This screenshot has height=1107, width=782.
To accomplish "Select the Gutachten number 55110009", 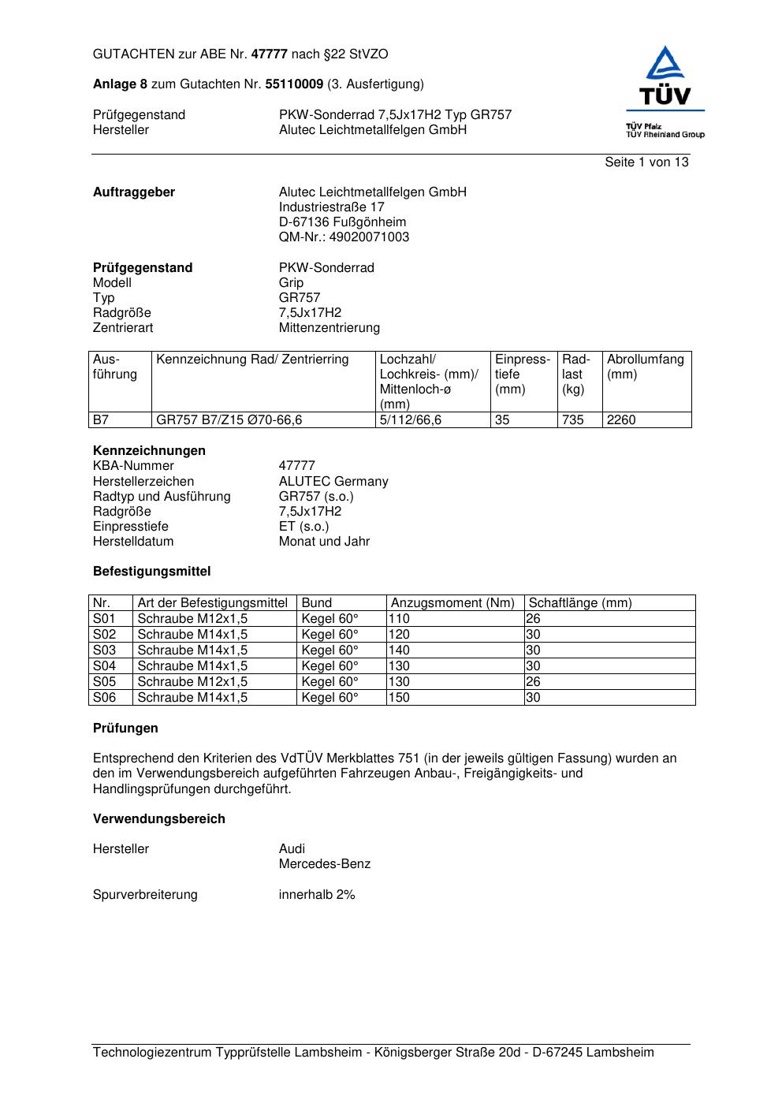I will (x=294, y=84).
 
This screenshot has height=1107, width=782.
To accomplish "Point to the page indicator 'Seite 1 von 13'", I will (x=646, y=162).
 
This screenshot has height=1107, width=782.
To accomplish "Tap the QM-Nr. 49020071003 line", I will (x=344, y=237).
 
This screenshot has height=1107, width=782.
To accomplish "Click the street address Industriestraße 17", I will (x=332, y=207).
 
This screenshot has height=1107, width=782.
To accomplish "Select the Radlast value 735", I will (x=573, y=420).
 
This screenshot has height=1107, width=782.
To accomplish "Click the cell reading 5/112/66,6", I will (x=411, y=420).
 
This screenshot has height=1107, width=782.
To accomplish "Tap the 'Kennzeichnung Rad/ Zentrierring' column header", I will (x=252, y=360).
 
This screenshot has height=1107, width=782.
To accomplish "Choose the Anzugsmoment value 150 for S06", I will (x=399, y=698).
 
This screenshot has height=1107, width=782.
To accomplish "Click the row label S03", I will (x=104, y=650).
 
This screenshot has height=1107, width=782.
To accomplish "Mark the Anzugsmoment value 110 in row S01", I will (x=399, y=619).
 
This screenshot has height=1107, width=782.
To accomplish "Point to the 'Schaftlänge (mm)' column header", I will (x=580, y=603).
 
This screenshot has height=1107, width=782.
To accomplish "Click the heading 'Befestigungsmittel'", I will (x=151, y=572).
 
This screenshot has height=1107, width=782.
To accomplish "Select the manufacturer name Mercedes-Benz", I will (x=325, y=864).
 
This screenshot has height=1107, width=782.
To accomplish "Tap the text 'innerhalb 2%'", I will (x=317, y=895).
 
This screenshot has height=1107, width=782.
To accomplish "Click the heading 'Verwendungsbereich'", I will (x=159, y=819).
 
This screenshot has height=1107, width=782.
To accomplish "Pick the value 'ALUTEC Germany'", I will (x=333, y=482).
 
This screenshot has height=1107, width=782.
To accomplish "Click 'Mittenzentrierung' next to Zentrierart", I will (x=330, y=328).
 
